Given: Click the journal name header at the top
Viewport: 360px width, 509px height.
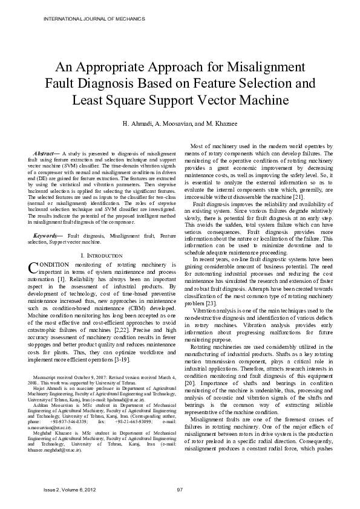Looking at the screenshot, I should click(94, 19).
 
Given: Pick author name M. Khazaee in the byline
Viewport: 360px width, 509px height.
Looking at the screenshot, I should click(221, 124).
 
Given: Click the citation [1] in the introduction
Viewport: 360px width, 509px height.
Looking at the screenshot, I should click(62, 280).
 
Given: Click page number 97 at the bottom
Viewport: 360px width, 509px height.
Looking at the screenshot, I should click(180, 488).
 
